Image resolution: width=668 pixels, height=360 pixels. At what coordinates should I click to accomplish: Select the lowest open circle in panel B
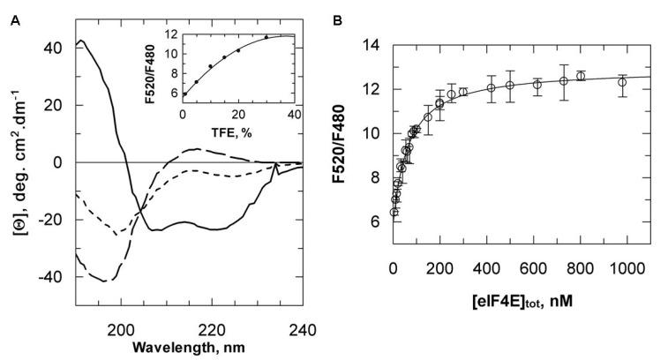394,212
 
